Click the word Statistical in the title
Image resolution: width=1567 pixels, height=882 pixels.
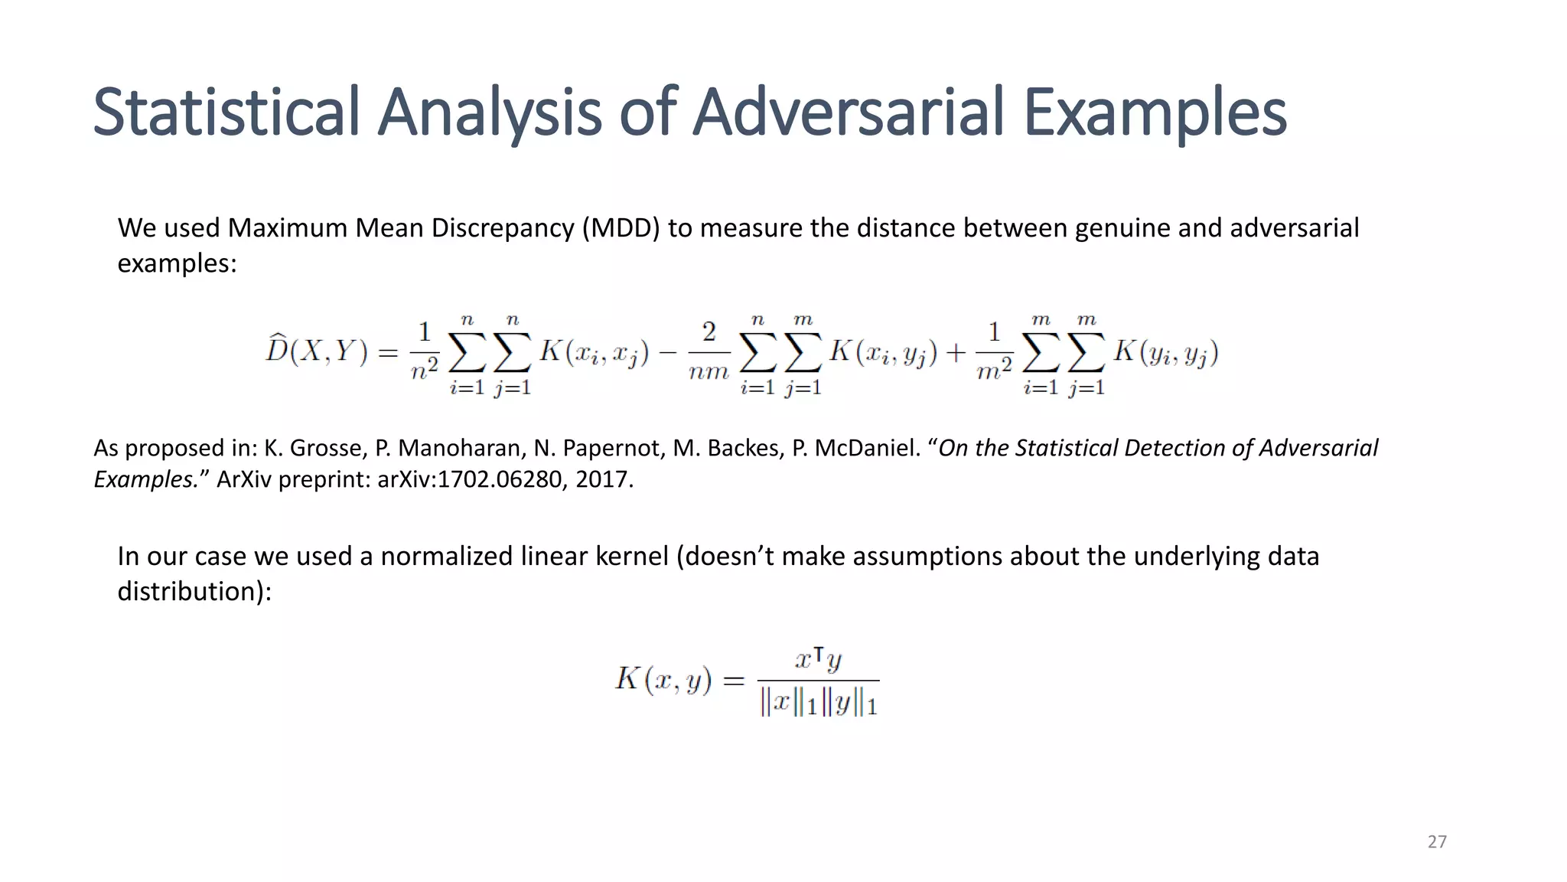tap(226, 113)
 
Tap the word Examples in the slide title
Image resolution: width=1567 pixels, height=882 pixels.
tap(1155, 113)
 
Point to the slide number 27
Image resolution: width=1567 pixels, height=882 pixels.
tap(1437, 842)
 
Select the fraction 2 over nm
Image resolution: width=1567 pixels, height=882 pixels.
tap(709, 352)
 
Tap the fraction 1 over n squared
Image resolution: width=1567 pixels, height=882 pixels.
tap(424, 352)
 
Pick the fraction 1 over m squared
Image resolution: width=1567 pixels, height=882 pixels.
tap(994, 352)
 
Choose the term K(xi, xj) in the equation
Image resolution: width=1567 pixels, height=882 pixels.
tap(595, 352)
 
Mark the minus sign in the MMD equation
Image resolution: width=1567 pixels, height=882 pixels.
tap(668, 352)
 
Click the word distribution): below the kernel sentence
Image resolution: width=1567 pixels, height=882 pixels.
tap(194, 591)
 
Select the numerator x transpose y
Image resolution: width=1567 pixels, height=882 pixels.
tap(818, 659)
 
